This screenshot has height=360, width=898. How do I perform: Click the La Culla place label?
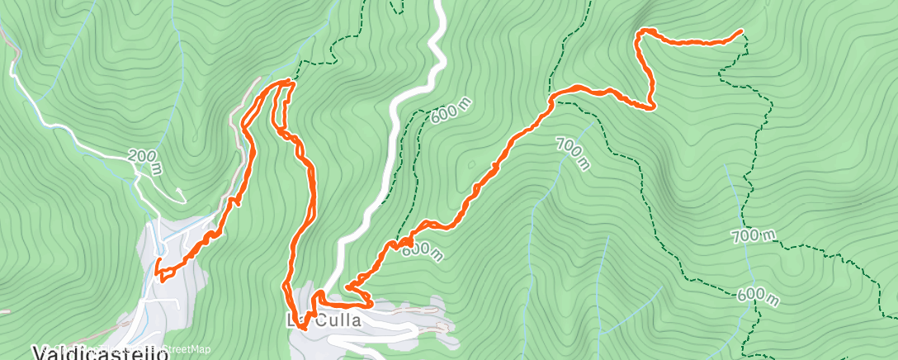point(324,320)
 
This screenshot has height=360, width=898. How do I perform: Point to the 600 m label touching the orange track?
point(422,249)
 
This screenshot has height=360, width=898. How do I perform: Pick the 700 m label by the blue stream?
point(573,153)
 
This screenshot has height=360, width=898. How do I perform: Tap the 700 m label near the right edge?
point(754,235)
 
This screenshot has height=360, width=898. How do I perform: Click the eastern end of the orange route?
point(740,31)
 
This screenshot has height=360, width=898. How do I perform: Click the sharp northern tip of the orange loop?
point(288,82)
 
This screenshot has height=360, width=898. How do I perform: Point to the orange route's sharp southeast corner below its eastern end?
point(653,106)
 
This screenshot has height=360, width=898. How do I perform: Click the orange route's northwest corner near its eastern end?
point(640,33)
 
